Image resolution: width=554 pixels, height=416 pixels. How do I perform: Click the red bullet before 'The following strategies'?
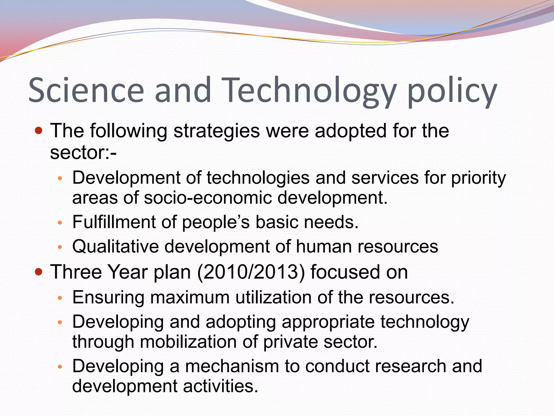pyautogui.click(x=39, y=131)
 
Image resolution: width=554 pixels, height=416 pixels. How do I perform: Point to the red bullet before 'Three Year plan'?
pyautogui.click(x=39, y=272)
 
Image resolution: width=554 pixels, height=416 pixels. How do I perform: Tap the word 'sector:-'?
pyautogui.click(x=83, y=152)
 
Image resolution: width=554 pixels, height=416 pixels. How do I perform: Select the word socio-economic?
pyautogui.click(x=208, y=197)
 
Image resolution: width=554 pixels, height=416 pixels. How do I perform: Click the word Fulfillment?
pyautogui.click(x=114, y=222)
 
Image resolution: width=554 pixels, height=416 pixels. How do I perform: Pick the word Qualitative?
pyautogui.click(x=115, y=246)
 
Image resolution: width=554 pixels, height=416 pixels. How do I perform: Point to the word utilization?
pyautogui.click(x=273, y=297)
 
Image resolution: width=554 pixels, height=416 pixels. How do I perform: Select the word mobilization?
pyautogui.click(x=188, y=342)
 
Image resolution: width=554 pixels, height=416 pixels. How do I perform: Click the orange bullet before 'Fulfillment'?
pyautogui.click(x=60, y=223)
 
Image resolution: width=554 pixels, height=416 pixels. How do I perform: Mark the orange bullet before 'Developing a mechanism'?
pyautogui.click(x=60, y=367)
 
